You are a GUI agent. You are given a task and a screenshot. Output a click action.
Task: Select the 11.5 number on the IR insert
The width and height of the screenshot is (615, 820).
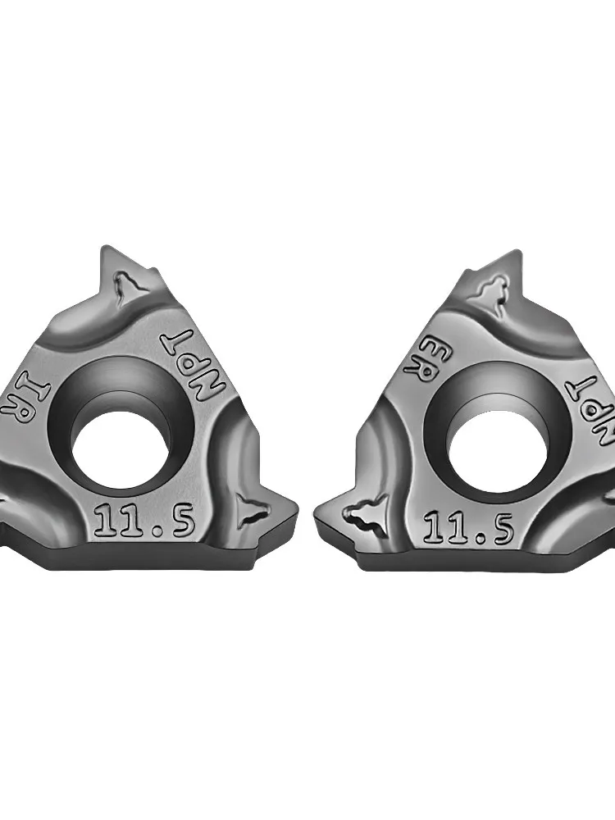coord(143,522)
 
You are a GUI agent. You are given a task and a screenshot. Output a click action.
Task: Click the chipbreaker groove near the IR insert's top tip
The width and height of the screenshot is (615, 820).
coord(128,289)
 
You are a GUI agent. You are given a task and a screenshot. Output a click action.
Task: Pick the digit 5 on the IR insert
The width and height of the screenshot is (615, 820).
coord(183,521)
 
